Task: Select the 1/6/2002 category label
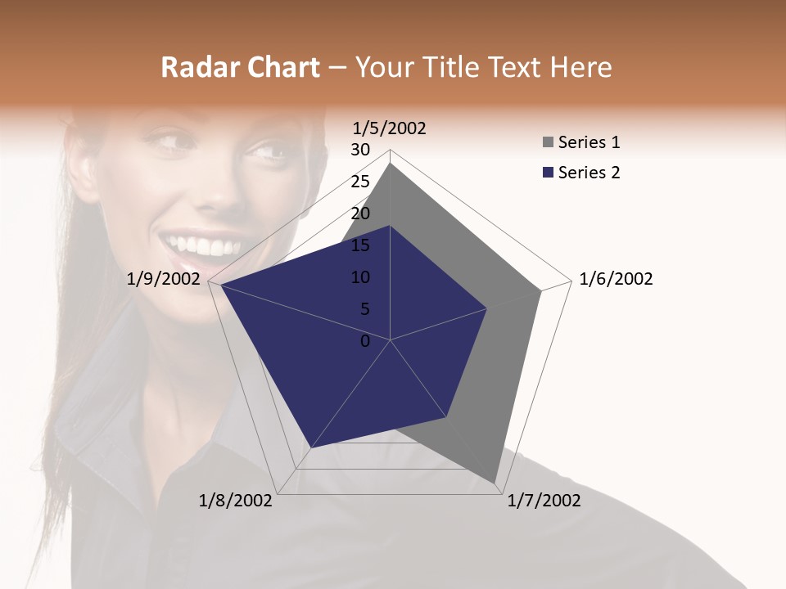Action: (616, 279)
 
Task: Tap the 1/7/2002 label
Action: (544, 501)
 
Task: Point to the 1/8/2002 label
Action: (236, 501)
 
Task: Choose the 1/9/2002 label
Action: (164, 279)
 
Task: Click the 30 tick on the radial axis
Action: (360, 150)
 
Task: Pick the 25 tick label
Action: (360, 182)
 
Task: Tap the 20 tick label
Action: (360, 214)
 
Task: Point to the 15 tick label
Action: (360, 245)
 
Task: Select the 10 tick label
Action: (360, 277)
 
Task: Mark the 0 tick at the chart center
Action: (365, 341)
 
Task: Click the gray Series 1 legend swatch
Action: (548, 143)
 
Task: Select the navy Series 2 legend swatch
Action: (548, 173)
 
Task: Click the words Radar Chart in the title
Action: (240, 68)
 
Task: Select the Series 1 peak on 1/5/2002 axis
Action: (391, 164)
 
